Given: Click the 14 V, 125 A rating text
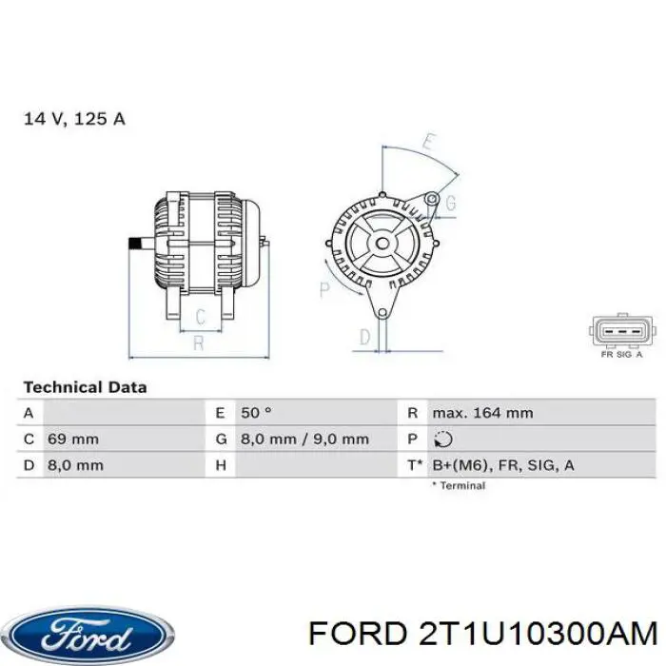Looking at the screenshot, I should (74, 119).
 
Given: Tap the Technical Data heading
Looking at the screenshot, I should (85, 387).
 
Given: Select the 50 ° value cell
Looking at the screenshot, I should (256, 413).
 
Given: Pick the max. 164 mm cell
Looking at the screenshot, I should (482, 413).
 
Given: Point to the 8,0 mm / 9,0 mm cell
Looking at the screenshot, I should (304, 440).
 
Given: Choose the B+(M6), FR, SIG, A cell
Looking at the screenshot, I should (502, 465).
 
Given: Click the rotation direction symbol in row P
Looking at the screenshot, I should (441, 440).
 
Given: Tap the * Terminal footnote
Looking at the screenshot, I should (459, 485).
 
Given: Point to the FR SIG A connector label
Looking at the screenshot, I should (621, 354).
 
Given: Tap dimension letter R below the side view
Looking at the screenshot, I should (198, 343).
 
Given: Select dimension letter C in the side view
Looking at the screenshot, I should (201, 317).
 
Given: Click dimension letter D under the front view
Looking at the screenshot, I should (364, 336).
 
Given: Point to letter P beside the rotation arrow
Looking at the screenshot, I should (324, 288).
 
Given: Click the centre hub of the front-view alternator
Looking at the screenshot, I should (382, 243).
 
